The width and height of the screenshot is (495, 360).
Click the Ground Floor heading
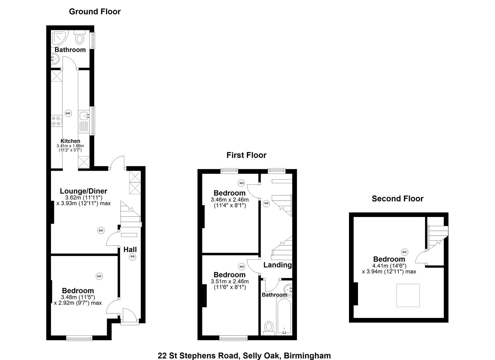click(95, 12)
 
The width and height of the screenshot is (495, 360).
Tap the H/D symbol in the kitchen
click(68, 113)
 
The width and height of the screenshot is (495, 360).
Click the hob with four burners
click(56, 121)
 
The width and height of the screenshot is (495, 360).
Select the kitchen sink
click(84, 116)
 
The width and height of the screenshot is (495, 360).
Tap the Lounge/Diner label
click(83, 191)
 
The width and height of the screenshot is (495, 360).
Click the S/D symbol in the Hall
click(133, 256)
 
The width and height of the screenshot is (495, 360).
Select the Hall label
click(130, 249)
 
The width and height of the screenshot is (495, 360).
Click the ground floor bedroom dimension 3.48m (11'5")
click(78, 297)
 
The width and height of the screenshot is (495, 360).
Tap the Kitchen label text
click(70, 141)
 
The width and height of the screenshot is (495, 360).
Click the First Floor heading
click(246, 155)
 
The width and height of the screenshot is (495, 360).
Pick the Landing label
click(277, 265)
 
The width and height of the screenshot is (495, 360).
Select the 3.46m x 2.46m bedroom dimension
click(230, 200)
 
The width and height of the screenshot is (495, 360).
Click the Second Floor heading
click(397, 199)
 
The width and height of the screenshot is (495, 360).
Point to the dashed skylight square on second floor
click(408, 295)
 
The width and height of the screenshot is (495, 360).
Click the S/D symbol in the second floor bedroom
click(405, 252)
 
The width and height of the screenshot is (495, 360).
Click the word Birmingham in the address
click(307, 356)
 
